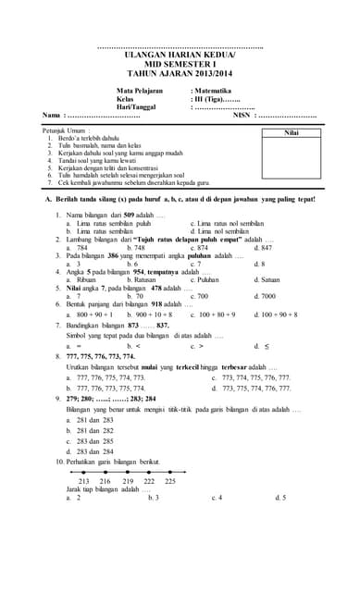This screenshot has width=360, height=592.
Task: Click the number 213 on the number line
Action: [x=84, y=481]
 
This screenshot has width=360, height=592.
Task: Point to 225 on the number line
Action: [x=170, y=481]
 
